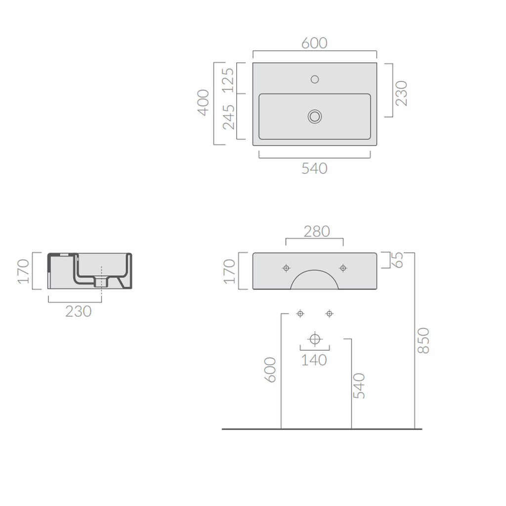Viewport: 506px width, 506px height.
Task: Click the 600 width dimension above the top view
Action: click(x=314, y=43)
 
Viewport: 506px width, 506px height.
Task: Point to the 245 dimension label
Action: click(x=228, y=117)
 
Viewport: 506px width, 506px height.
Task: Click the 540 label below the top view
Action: click(x=314, y=169)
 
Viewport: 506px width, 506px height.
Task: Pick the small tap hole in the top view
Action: click(x=315, y=79)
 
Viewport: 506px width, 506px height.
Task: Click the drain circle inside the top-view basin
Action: click(x=315, y=117)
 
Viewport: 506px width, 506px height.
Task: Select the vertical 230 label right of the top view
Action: click(x=401, y=93)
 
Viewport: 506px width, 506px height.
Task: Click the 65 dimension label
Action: click(x=398, y=260)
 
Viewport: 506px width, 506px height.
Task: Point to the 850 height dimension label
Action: click(x=423, y=340)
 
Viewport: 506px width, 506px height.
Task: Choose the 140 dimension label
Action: click(x=314, y=360)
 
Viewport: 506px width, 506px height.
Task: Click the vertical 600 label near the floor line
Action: click(x=270, y=370)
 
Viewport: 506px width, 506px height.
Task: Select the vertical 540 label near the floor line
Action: click(x=359, y=386)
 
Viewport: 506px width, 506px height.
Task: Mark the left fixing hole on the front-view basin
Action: click(x=286, y=268)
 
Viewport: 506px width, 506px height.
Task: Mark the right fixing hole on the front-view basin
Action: click(x=343, y=268)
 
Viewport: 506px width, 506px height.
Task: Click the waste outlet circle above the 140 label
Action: click(x=315, y=339)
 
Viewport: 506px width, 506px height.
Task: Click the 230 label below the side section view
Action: click(x=78, y=311)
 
